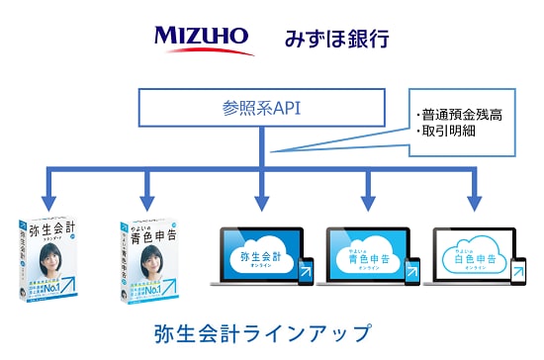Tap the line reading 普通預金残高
461,115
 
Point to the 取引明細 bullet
446,133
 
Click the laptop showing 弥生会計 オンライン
259,260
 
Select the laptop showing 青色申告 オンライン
366,260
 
